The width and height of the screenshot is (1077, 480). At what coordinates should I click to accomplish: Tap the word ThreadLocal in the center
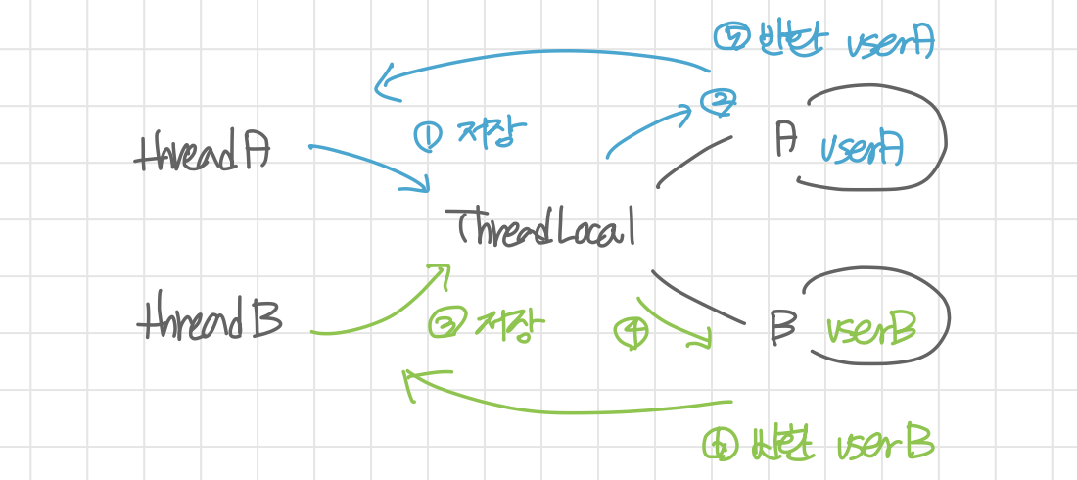546,227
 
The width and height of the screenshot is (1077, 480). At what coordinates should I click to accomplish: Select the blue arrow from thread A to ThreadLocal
370,164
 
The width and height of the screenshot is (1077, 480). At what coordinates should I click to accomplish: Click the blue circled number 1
428,136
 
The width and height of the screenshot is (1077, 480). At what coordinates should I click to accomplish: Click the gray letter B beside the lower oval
783,325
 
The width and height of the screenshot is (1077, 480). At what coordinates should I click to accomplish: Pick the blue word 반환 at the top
778,41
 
